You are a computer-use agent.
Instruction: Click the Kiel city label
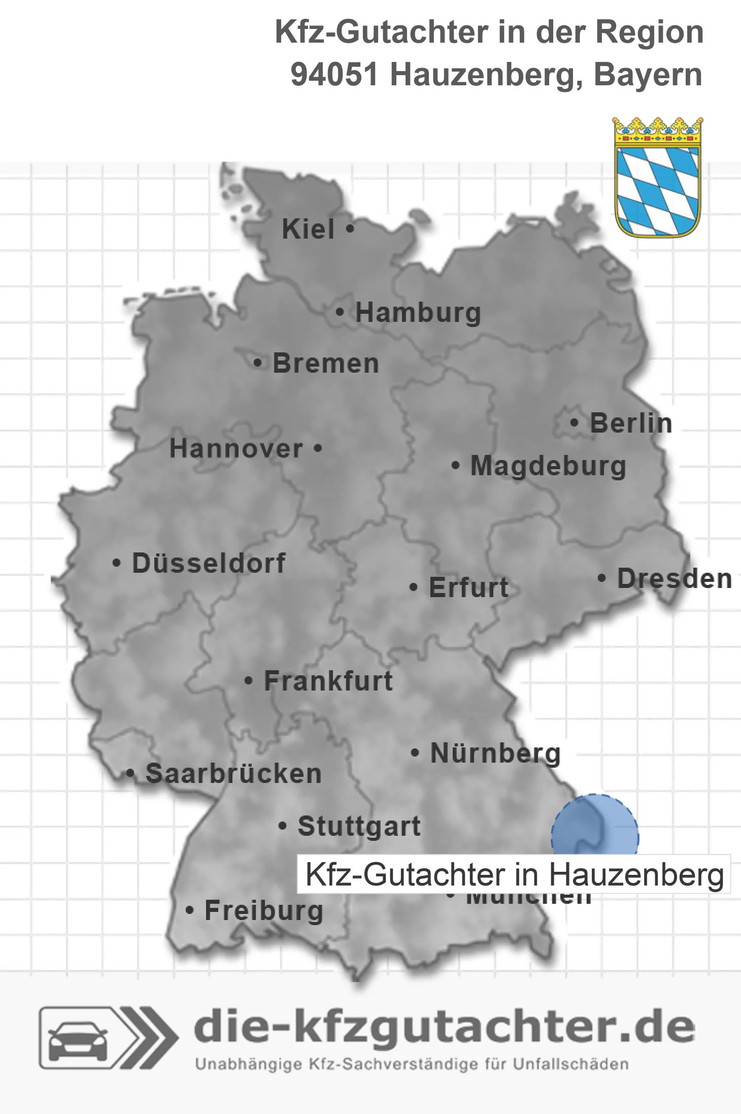(x=308, y=229)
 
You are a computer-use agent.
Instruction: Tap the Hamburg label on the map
(x=418, y=313)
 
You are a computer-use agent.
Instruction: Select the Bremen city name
(x=326, y=364)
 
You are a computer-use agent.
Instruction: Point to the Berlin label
(x=631, y=423)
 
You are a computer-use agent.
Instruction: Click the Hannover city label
(x=236, y=449)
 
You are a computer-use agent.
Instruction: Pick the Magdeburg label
(x=548, y=466)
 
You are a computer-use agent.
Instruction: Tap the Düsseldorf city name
(x=209, y=563)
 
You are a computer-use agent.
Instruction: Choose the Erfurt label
(x=468, y=587)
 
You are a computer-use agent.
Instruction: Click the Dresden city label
(x=675, y=579)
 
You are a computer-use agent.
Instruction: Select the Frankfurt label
(x=328, y=681)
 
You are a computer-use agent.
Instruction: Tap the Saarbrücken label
(x=233, y=774)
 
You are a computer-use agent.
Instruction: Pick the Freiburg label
(x=264, y=910)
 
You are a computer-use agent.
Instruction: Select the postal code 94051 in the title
(x=334, y=75)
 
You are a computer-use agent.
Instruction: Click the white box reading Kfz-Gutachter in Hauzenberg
(x=514, y=874)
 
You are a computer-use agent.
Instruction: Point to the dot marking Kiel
(x=350, y=228)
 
